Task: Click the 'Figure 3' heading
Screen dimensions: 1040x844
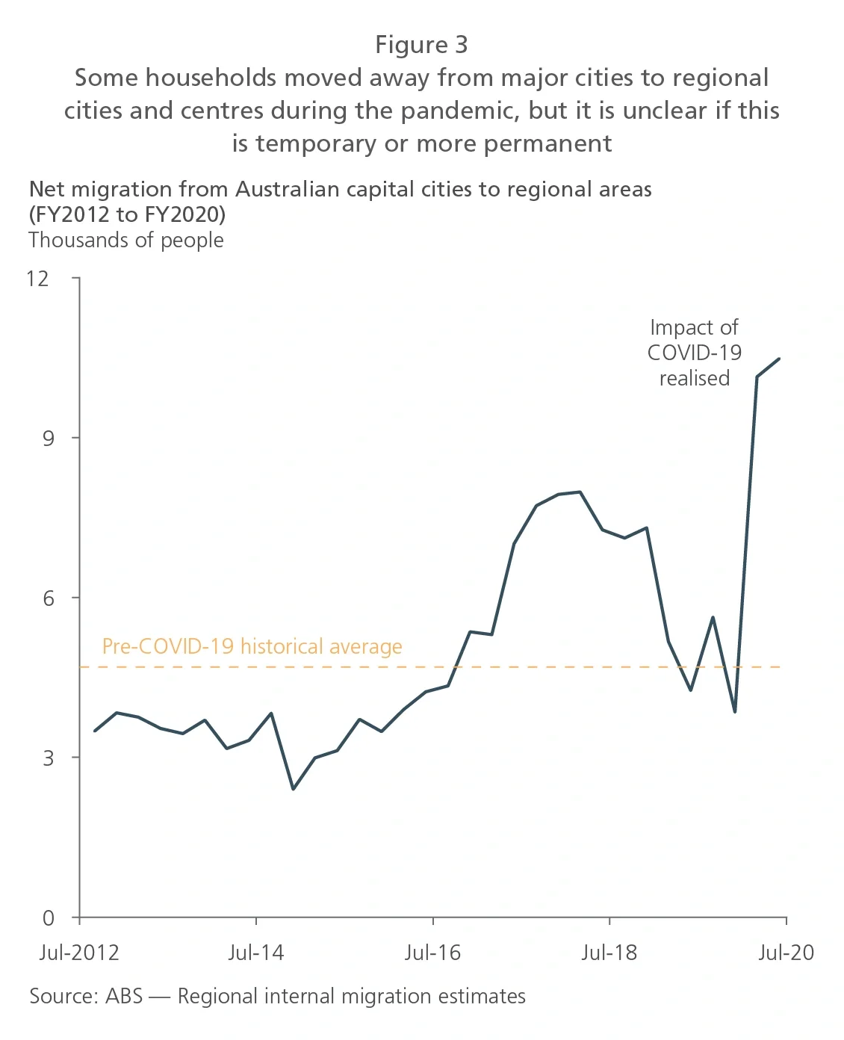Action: (421, 45)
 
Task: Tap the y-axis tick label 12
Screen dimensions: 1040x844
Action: (37, 279)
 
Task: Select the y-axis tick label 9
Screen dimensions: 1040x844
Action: (49, 438)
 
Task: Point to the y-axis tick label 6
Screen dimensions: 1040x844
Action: (49, 598)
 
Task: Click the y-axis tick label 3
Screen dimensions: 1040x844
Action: (49, 758)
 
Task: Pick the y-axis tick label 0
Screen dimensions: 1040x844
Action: (49, 917)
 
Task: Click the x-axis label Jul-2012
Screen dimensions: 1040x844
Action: (79, 953)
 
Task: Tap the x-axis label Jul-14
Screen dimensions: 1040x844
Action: (256, 953)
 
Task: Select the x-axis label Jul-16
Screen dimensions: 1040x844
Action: (432, 953)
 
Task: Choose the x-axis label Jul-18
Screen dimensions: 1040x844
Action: (609, 953)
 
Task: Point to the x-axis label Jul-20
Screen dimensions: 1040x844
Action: (786, 953)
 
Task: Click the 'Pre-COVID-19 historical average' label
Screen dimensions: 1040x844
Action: (252, 646)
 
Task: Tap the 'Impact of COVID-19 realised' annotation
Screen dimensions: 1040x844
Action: (694, 353)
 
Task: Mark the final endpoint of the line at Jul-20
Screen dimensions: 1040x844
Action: (779, 359)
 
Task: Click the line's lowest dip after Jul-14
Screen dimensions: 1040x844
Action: (293, 789)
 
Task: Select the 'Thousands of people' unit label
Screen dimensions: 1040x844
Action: (126, 241)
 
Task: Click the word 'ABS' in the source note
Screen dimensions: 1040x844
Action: (124, 996)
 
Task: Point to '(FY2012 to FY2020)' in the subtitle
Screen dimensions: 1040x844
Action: (128, 214)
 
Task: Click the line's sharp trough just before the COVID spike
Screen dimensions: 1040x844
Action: (735, 711)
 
